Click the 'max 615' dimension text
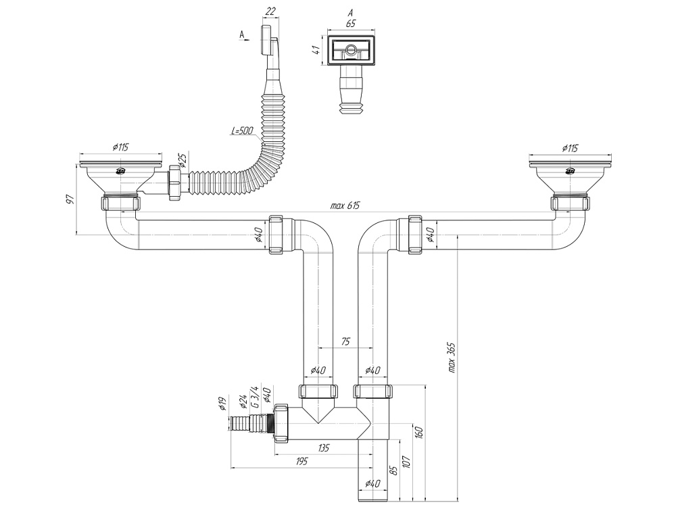(345, 206)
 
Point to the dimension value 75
(345, 342)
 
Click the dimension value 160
(420, 431)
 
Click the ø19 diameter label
(222, 404)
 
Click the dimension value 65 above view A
(350, 23)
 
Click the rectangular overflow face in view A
(350, 50)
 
